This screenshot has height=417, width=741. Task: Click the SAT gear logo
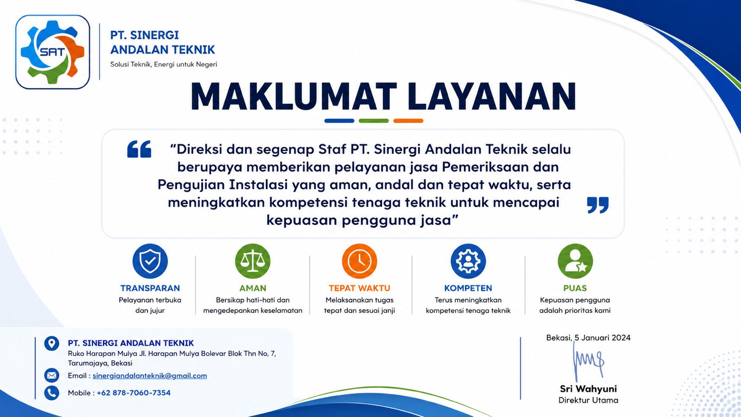[x=53, y=52]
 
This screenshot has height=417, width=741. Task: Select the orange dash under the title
[x=408, y=121]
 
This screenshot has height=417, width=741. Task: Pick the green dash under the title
[x=374, y=121]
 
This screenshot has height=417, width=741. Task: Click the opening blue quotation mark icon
[x=139, y=149]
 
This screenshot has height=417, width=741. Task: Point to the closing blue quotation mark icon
[x=598, y=205]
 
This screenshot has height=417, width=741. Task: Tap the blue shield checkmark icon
[x=150, y=261]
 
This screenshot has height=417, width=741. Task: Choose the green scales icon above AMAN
[x=253, y=261]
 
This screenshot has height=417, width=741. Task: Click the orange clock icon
[x=359, y=261]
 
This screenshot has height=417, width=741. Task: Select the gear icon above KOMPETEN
[x=468, y=261]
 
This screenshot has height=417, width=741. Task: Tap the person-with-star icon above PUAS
[x=575, y=261]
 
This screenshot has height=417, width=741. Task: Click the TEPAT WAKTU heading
[x=359, y=288]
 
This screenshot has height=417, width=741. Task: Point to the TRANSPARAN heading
[x=150, y=288]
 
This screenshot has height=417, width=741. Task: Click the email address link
[x=150, y=376]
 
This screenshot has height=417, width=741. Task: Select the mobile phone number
[x=134, y=393]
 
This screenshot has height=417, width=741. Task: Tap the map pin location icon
[x=51, y=343]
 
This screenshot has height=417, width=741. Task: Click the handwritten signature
[x=588, y=361]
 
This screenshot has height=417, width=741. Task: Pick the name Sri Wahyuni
[x=588, y=389]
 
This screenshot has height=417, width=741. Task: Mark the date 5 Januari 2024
[x=603, y=338]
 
